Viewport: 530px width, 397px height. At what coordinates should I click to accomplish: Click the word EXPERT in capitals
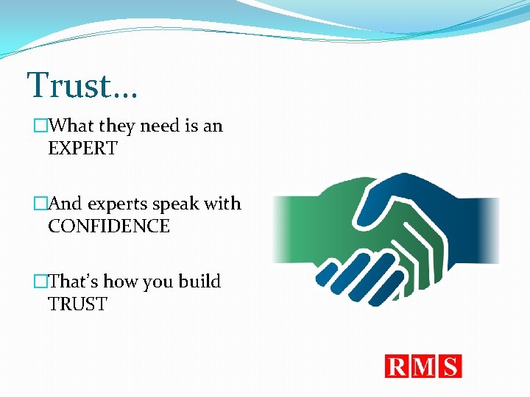pos(82,148)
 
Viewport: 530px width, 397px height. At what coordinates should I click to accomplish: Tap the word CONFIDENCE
pos(109,226)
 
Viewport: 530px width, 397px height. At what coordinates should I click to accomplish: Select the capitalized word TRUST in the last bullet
pos(77,304)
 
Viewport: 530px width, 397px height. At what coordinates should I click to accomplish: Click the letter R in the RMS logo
pos(397,366)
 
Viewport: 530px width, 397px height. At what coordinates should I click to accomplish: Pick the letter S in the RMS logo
pos(449,366)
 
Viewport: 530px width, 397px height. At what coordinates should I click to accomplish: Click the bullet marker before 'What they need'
pos(40,126)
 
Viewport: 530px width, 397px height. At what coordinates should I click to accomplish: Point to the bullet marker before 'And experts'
pos(40,204)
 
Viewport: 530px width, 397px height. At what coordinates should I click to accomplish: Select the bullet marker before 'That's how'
pos(40,282)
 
